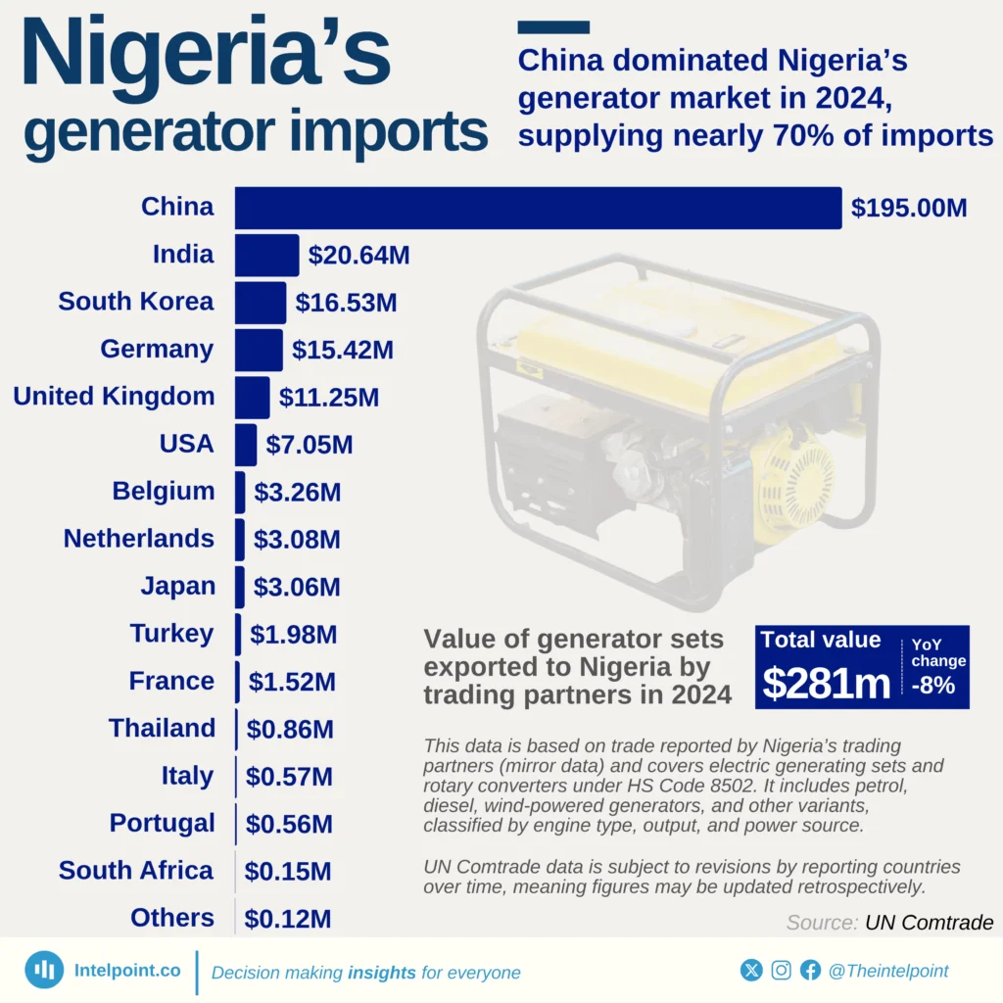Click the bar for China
coord(538,208)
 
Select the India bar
coord(266,256)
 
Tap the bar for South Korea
coord(261,303)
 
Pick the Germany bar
coord(259,350)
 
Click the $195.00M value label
coord(909,209)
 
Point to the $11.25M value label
coord(329,398)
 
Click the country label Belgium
coord(163,492)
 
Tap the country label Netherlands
coord(138,539)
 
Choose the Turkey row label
coord(171,634)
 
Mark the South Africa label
coord(135,871)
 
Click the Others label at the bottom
coord(171,918)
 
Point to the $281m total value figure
coord(826,683)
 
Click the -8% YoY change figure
coord(932,685)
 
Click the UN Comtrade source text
coord(929,923)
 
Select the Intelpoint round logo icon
coord(44,970)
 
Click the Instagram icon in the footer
coord(781,971)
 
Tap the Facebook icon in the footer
coord(810,971)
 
